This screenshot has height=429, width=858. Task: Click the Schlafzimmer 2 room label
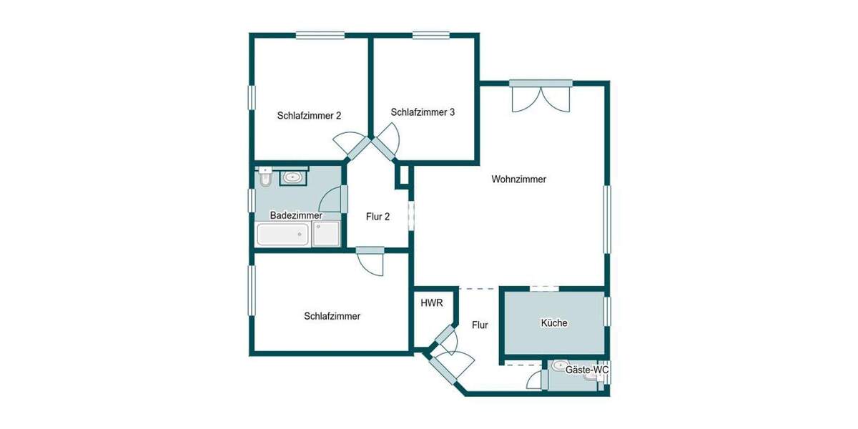309,115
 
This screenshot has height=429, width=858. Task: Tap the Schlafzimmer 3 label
423,112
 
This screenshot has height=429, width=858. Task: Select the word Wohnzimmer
518,179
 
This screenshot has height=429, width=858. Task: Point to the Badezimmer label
295,215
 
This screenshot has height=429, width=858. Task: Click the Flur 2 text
377,217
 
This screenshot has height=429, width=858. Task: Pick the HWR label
431,303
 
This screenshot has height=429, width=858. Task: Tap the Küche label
553,323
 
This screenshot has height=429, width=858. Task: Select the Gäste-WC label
586,370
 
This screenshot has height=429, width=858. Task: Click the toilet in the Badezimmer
265,177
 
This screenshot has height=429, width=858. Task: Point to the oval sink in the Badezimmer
292,177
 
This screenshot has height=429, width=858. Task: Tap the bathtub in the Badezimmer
282,235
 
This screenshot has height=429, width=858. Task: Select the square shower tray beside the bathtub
326,234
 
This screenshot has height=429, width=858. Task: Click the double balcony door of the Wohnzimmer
541,97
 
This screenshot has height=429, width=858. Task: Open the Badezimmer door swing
331,199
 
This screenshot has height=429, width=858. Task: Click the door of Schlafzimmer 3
388,140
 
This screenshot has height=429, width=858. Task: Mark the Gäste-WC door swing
535,380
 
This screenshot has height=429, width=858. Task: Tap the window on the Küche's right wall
607,312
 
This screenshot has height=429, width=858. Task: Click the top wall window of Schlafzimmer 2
320,34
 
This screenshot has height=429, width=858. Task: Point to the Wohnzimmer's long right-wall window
607,220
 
